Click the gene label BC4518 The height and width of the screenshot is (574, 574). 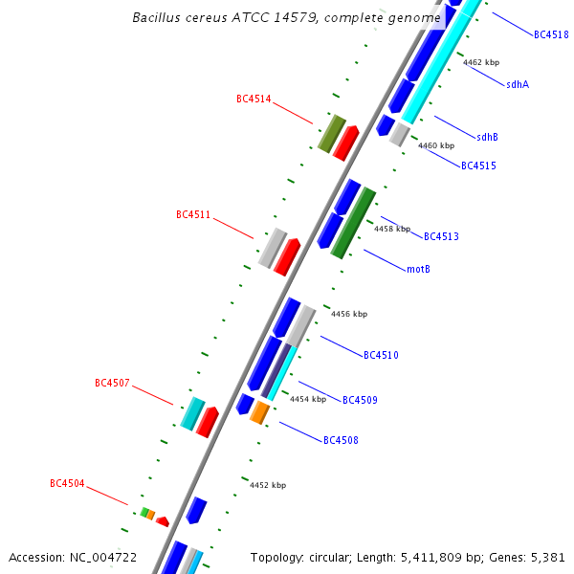tap(551, 34)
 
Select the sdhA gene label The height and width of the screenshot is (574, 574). tap(518, 84)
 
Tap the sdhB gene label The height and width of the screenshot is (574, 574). tap(487, 137)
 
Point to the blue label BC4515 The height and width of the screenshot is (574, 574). tap(478, 166)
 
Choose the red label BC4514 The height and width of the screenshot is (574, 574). tap(254, 99)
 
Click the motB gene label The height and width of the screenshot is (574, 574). tap(418, 269)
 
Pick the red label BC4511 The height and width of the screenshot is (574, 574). tap(193, 214)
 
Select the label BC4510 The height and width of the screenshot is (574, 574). tap(381, 355)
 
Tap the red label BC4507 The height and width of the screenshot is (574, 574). tap(112, 383)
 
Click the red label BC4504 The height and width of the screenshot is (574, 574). tap(67, 484)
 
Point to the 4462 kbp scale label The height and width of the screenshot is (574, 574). tap(481, 62)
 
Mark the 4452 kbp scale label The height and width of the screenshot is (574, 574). tap(268, 485)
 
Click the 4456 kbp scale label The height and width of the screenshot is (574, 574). tap(349, 314)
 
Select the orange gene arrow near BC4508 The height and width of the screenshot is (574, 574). tap(259, 412)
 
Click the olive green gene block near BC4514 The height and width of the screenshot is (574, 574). tap(331, 133)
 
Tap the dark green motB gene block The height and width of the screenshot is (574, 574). tap(353, 223)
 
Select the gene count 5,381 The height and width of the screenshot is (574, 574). tap(548, 557)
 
